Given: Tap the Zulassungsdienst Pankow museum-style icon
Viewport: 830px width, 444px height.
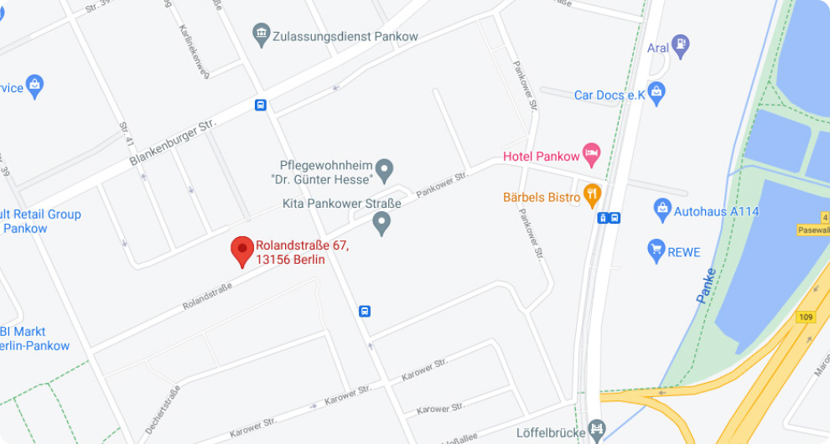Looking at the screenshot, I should click(262, 35).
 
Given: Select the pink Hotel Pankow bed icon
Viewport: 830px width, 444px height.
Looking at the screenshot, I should click(592, 154).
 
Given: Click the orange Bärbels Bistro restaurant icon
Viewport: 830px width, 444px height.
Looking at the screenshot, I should click(593, 195).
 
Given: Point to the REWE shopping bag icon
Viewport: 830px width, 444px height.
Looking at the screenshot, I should click(656, 249).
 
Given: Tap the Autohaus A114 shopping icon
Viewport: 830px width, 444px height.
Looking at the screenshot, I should click(662, 209).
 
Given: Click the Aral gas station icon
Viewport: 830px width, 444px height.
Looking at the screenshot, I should click(682, 46).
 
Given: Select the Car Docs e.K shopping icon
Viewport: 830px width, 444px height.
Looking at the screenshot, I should click(657, 93).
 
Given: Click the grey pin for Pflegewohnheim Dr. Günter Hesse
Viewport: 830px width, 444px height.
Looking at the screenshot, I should click(384, 170).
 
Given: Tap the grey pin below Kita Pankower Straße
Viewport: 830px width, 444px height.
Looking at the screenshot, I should click(381, 223).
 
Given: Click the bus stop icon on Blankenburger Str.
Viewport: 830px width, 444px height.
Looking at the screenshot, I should click(262, 105).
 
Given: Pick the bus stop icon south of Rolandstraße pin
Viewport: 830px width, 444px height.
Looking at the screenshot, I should click(365, 311).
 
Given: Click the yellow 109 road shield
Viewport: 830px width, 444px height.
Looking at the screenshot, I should click(807, 317).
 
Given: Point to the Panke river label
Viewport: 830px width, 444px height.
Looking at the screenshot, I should click(707, 285).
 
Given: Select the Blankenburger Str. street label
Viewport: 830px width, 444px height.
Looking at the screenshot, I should click(173, 140).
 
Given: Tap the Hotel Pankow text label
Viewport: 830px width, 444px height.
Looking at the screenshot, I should click(541, 156).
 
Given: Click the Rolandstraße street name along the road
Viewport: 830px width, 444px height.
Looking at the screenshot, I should click(207, 296).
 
